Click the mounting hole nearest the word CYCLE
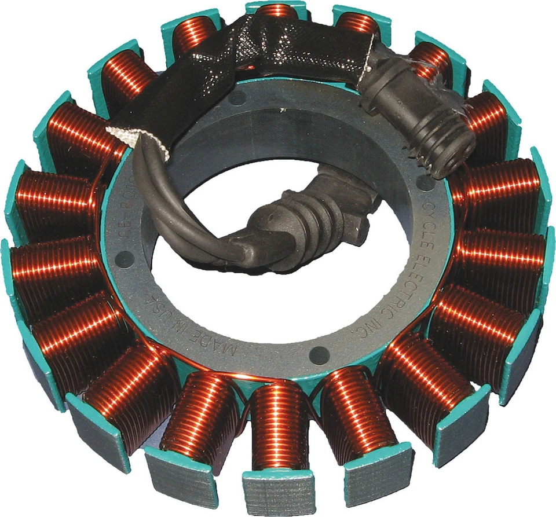click(x=426, y=184)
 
